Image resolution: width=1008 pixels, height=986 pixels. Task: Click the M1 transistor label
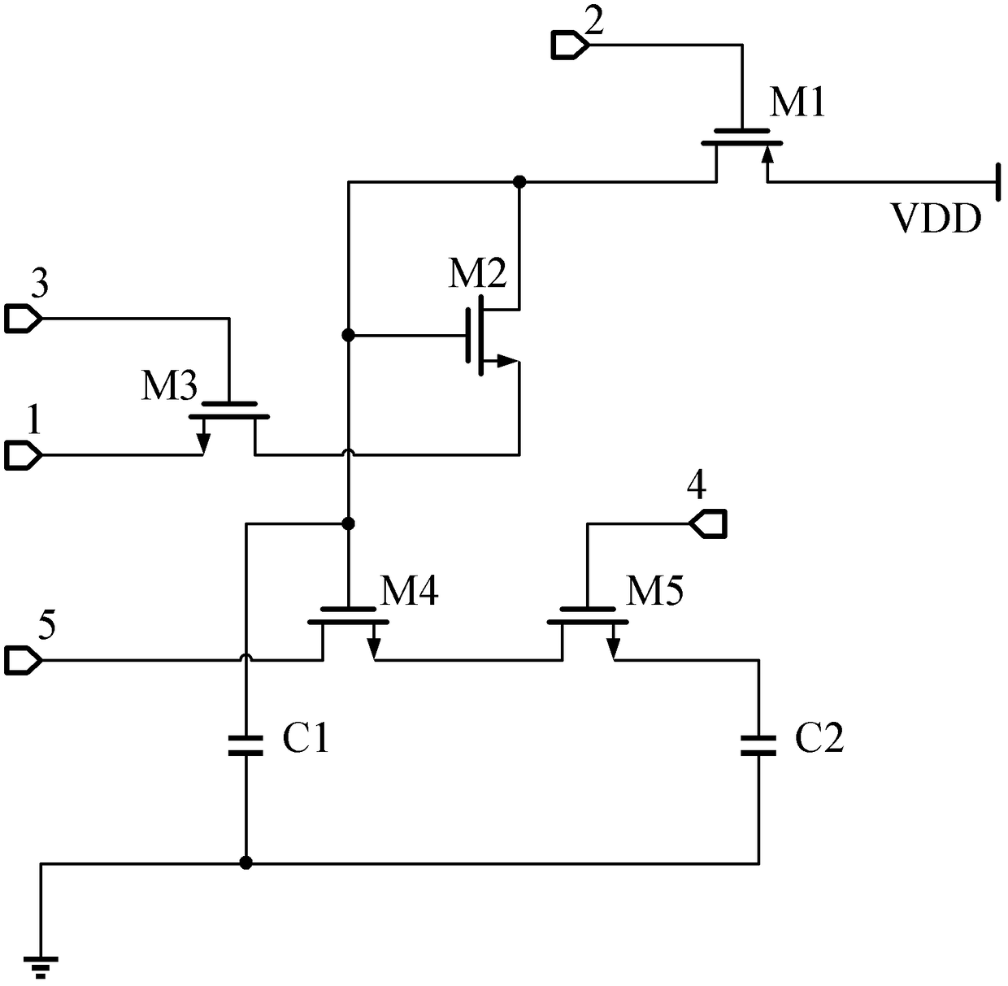796,102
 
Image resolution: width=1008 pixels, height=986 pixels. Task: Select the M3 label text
169,385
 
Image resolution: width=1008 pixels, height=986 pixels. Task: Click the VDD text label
936,219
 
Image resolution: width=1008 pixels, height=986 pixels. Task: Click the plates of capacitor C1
246,745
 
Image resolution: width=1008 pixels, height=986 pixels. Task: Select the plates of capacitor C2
758,745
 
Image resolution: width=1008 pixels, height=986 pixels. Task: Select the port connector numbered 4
708,524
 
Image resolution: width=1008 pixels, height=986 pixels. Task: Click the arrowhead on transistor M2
507,362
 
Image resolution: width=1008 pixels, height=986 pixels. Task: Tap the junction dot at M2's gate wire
349,336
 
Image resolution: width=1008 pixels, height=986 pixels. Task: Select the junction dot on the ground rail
246,862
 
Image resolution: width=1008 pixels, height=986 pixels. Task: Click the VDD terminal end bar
998,182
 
